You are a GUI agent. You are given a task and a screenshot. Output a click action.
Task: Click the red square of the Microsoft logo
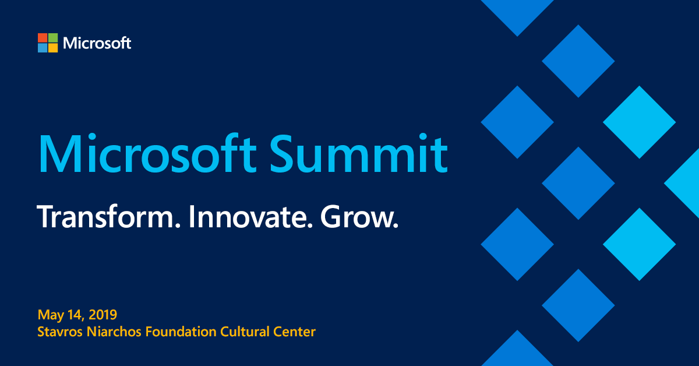[43, 38]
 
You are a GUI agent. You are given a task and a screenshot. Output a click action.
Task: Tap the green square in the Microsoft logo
[53, 38]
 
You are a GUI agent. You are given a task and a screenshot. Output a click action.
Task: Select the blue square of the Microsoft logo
[43, 48]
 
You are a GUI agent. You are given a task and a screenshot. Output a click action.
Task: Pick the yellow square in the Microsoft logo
[53, 48]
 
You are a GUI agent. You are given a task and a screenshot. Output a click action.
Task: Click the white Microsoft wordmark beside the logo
[97, 43]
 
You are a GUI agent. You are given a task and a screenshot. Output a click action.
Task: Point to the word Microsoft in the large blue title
[147, 153]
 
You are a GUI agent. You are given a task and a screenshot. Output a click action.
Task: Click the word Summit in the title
[359, 153]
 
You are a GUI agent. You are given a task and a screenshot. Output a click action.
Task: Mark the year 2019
[103, 315]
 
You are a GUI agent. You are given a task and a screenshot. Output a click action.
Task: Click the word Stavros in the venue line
[60, 332]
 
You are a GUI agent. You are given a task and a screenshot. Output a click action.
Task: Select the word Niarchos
[114, 332]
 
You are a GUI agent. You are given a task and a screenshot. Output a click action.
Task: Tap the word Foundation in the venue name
[181, 332]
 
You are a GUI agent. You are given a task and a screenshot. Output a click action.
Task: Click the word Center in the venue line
[295, 332]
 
